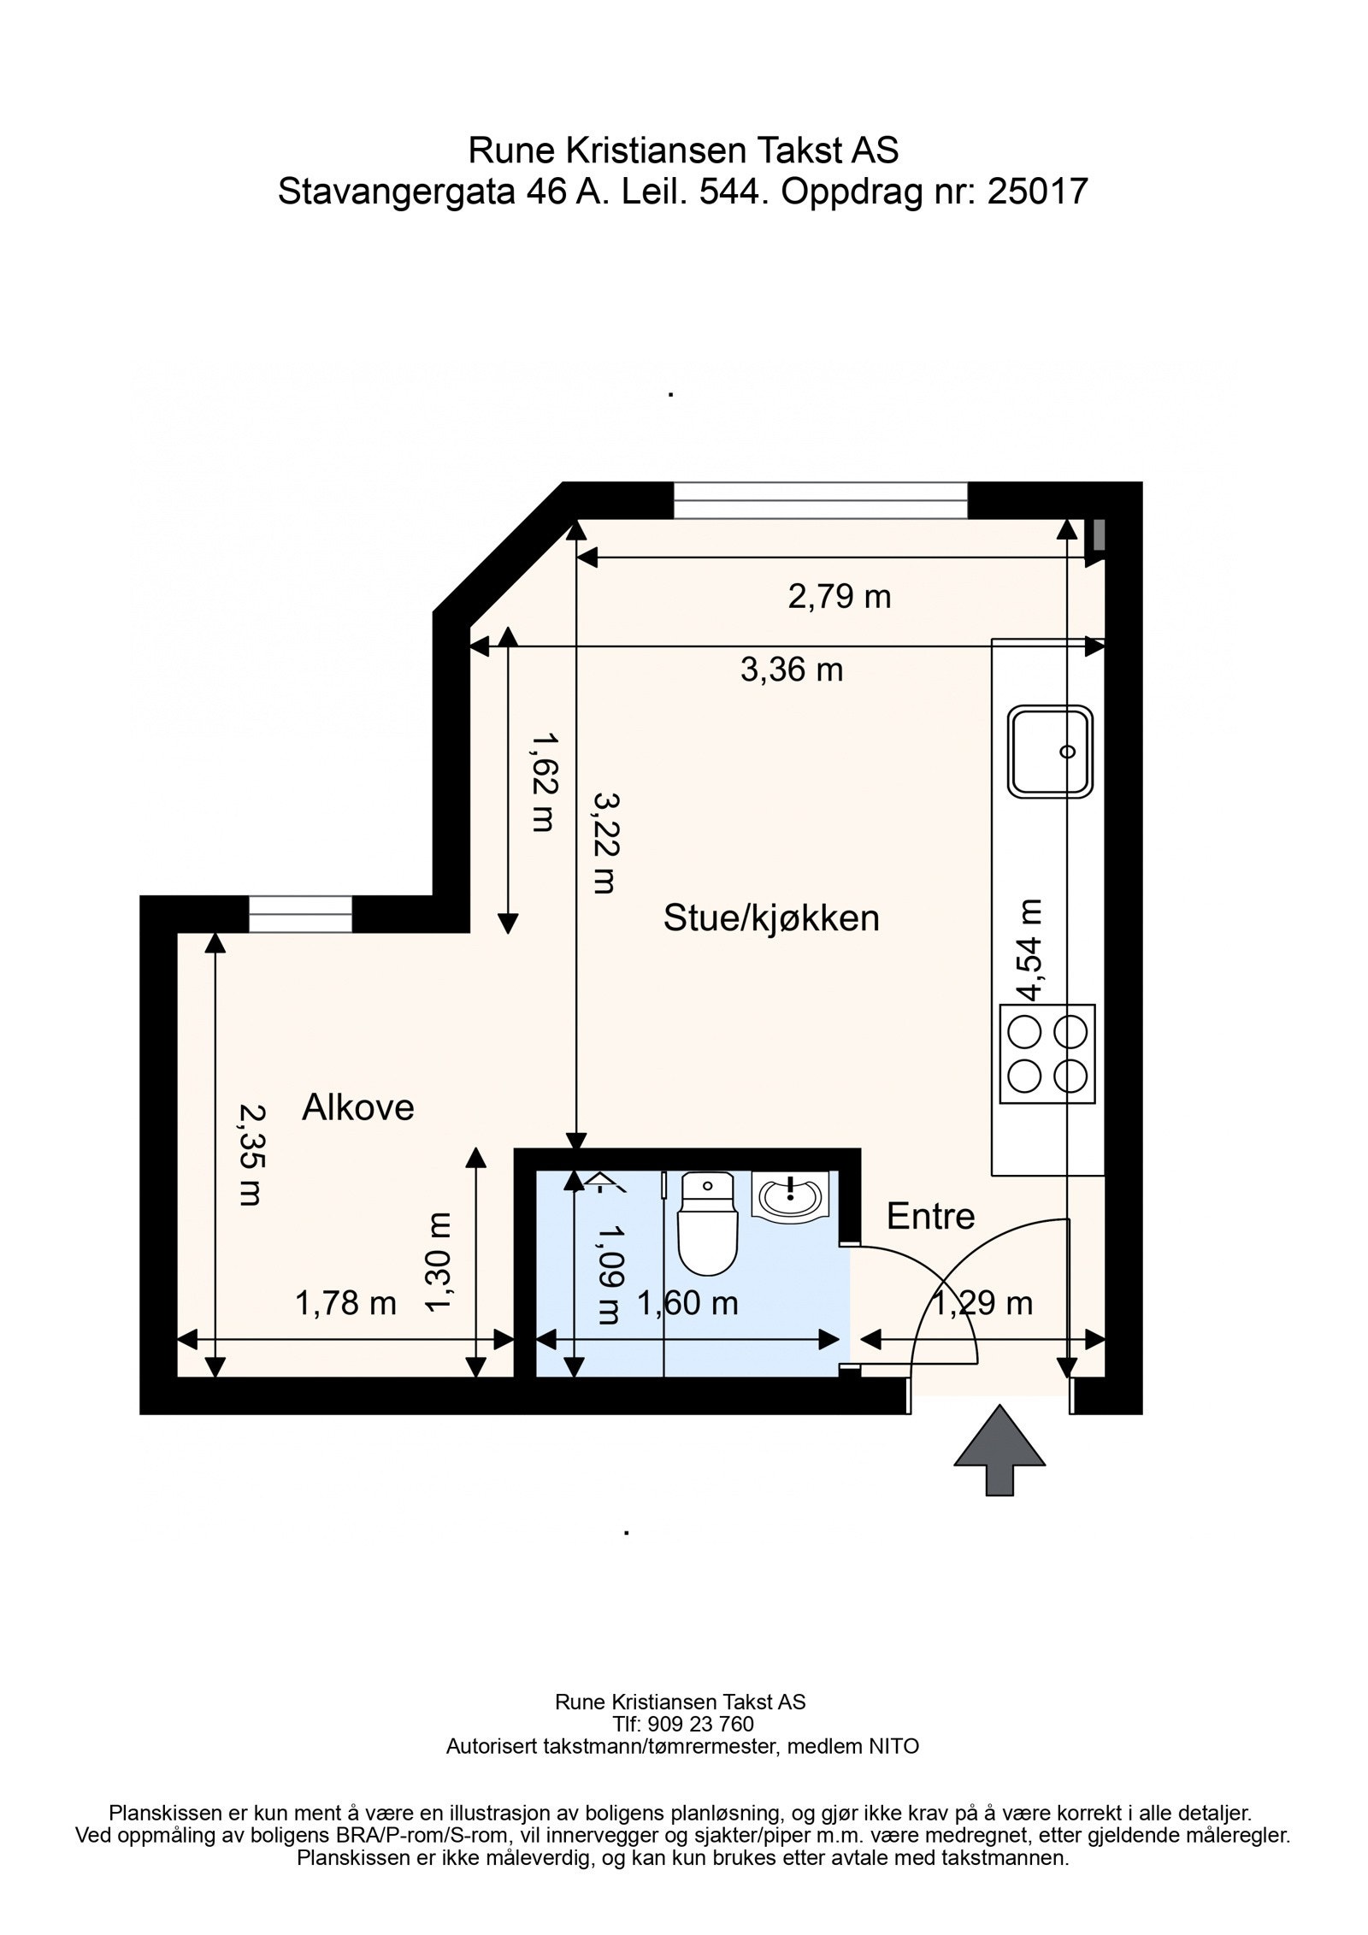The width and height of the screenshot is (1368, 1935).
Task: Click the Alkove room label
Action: coord(357,1107)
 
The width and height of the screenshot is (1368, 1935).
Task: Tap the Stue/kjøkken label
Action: coord(771,918)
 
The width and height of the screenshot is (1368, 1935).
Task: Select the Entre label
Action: coord(930,1216)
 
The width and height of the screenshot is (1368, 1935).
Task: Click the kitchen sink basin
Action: coord(1051,752)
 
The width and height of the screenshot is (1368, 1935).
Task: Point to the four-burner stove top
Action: coord(1047,1054)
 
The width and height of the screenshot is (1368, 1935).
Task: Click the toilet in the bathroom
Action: coord(707,1225)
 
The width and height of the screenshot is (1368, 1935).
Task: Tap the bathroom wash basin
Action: coord(790,1194)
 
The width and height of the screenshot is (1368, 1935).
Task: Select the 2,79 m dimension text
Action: coord(839,596)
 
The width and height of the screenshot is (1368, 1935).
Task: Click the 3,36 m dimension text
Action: coord(792,670)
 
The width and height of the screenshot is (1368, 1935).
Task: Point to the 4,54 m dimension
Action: coord(1029,949)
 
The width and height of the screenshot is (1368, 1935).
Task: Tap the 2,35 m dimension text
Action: coord(250,1155)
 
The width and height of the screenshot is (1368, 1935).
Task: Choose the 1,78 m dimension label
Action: coord(345,1303)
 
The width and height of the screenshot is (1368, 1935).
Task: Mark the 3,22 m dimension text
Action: coord(604,843)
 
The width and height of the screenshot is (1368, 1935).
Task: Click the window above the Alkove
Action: coord(300,914)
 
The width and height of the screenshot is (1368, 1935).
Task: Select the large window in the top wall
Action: coord(820,500)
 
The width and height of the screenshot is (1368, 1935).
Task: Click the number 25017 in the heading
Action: coord(1037,192)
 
